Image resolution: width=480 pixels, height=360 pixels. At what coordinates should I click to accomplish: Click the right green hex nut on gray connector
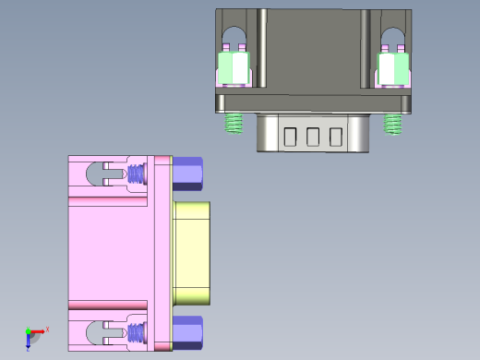[x=393, y=67]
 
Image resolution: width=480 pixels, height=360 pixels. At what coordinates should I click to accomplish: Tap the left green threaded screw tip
[x=234, y=122]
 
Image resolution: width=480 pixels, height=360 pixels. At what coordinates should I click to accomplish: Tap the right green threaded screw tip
[x=394, y=122]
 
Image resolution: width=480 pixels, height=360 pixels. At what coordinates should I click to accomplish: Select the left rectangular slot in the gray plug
[x=290, y=137]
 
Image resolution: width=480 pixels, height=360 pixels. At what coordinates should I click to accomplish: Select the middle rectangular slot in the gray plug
[x=313, y=137]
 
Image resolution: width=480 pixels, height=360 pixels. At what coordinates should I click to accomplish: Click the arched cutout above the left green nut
[x=234, y=38]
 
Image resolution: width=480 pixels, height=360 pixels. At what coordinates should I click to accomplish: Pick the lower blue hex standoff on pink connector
[x=189, y=332]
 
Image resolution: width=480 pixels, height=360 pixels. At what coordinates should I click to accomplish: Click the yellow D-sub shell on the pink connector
[x=194, y=253]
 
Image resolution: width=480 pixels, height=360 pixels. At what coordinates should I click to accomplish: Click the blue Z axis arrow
[x=29, y=341]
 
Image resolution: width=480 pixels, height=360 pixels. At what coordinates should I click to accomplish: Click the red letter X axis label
[x=47, y=329]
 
